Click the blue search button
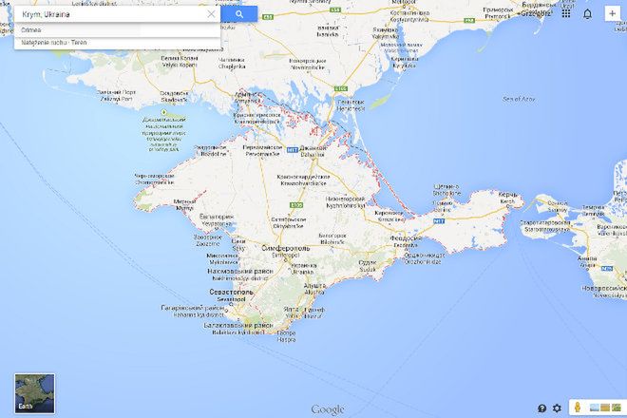pos(238,14)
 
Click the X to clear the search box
pos(211,14)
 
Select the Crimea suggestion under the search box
pos(32,30)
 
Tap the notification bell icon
pos(587,13)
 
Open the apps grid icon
pos(566,13)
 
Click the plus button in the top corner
pos(610,13)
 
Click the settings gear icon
pos(557,408)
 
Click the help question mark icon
pos(541,408)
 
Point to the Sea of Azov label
pos(520,99)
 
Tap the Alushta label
pos(314,285)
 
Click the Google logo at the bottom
pos(328,409)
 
